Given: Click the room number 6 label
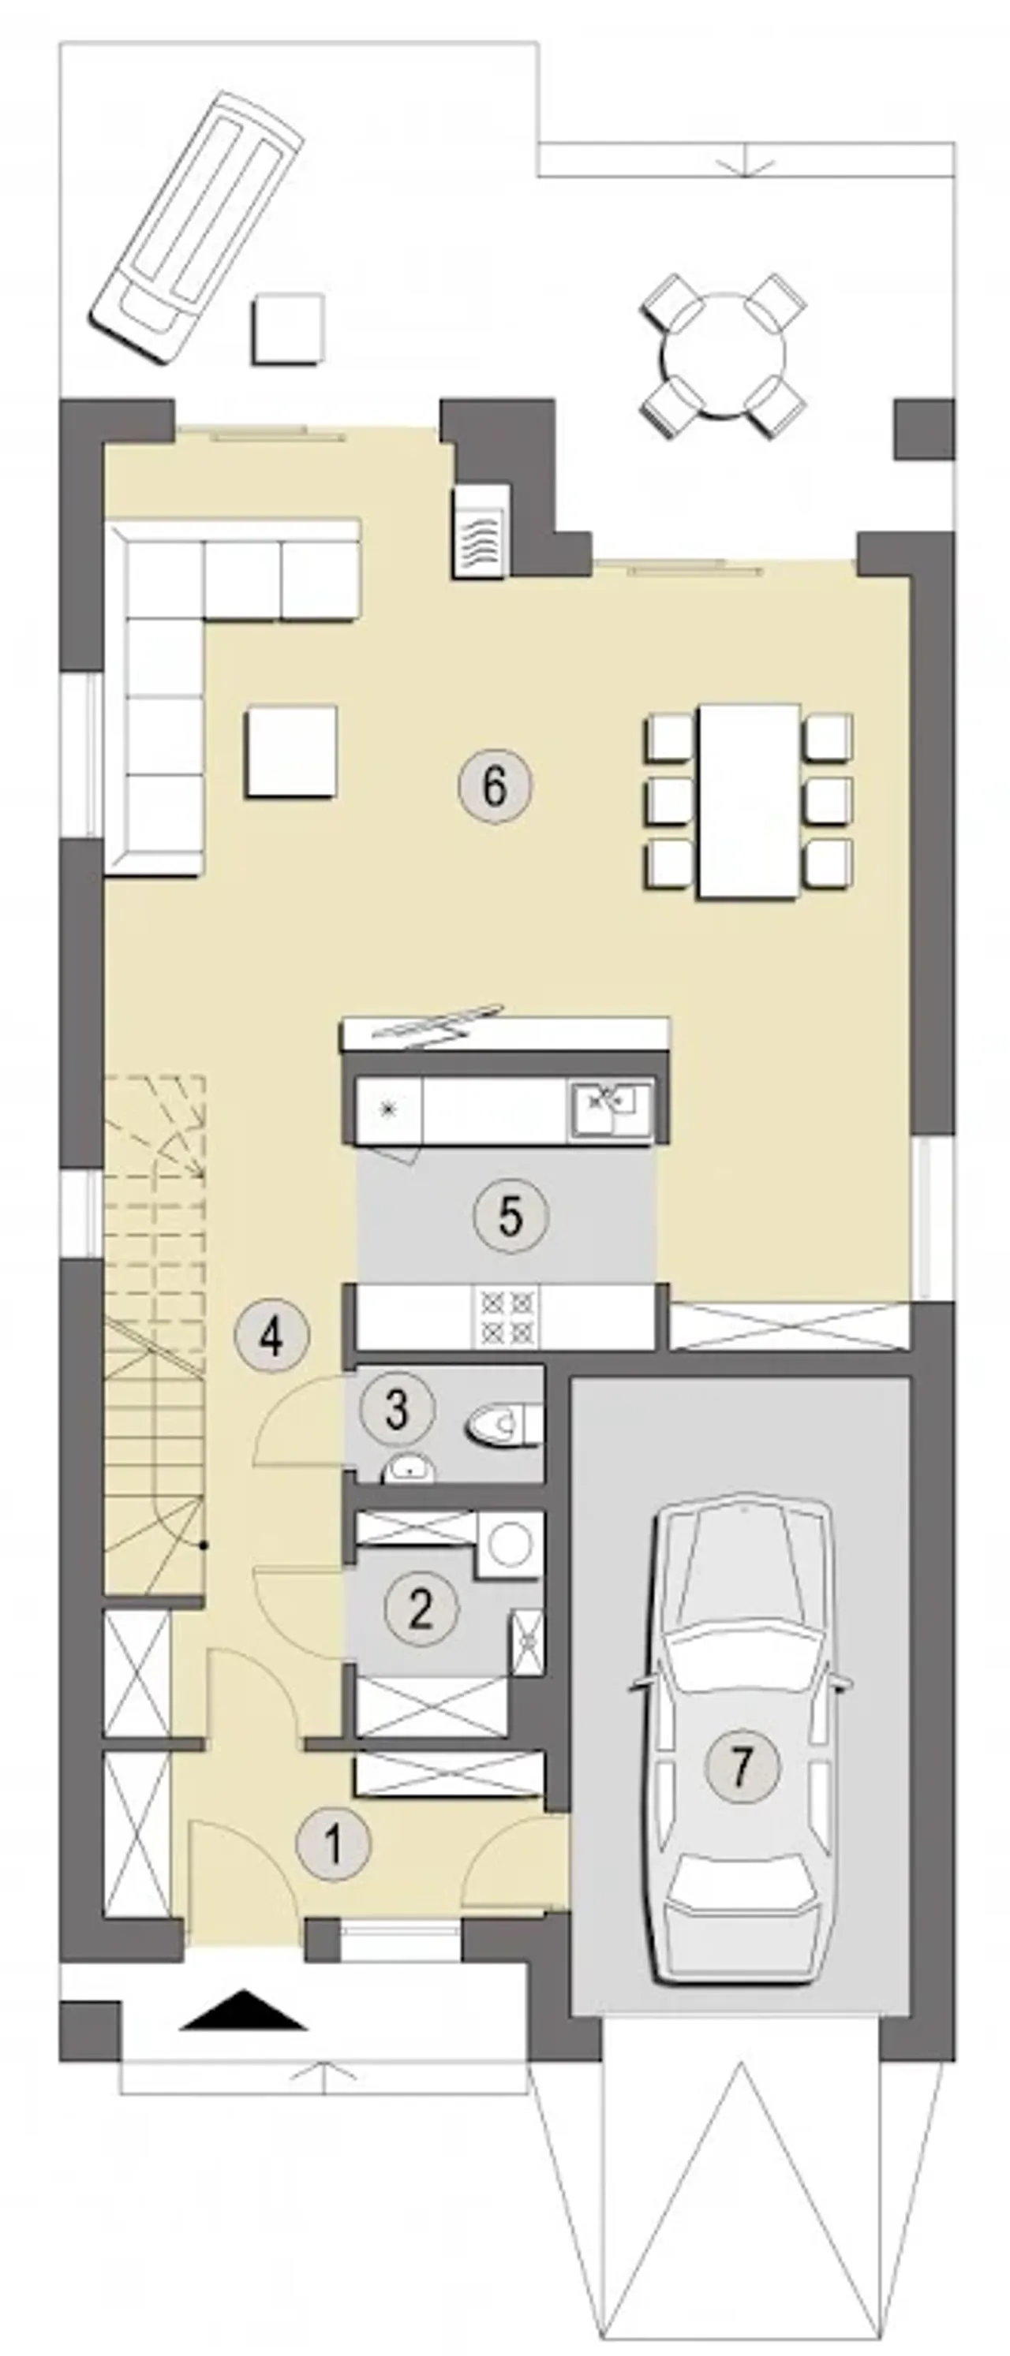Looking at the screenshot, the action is tap(494, 785).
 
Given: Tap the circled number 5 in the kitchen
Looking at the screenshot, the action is tap(511, 1216).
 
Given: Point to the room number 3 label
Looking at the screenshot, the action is tap(396, 1408).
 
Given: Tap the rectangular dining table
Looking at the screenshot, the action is tap(748, 801).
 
